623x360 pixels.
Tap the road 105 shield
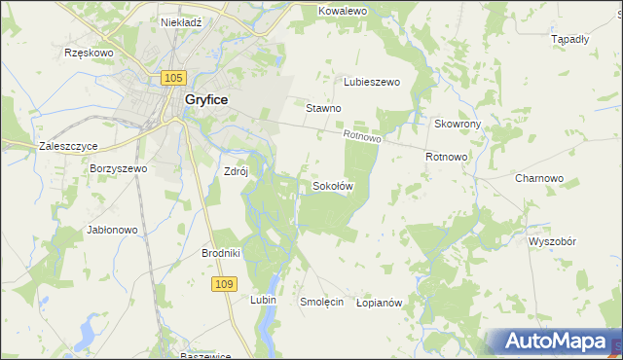tap(174, 77)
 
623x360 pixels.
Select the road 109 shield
tap(223, 282)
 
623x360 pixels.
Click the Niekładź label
tap(180, 20)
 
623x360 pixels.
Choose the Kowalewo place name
tap(342, 11)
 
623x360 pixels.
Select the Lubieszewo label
tap(372, 83)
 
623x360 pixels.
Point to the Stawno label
tap(323, 108)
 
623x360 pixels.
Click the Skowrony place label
tap(458, 125)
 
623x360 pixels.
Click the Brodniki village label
tap(221, 253)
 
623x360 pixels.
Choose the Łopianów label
tap(380, 303)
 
